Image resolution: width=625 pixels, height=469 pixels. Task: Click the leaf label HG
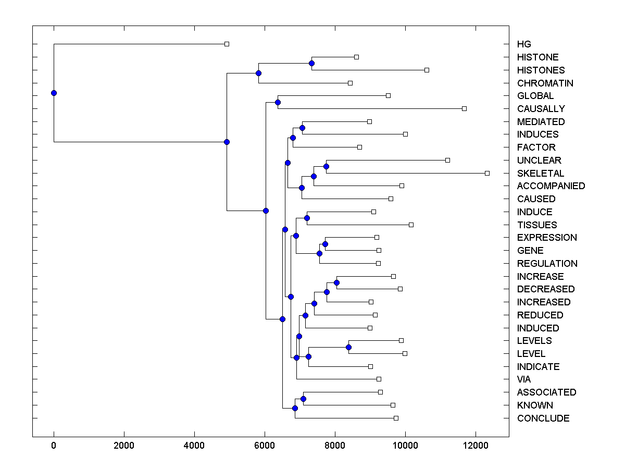coord(524,44)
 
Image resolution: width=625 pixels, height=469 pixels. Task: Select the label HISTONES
coord(541,70)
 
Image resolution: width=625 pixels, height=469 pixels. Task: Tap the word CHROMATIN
coord(545,83)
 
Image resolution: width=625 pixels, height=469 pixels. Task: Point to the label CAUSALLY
coord(541,109)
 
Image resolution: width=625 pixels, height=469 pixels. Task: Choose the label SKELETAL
coord(540,173)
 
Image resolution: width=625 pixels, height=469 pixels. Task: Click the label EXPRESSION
coord(547,238)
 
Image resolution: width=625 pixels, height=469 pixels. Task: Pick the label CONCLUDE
coord(543,418)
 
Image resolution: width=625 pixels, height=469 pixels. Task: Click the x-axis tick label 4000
coord(194,445)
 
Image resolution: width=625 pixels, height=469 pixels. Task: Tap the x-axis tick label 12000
coord(476,445)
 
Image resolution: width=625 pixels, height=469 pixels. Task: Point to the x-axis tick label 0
coord(54,445)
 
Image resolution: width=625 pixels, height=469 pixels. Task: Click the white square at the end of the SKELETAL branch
coord(487,173)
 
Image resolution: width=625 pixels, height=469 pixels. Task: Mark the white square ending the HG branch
coord(227,44)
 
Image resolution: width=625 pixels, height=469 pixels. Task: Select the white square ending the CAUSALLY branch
coord(464,108)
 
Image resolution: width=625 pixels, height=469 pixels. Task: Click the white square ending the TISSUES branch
coord(411,225)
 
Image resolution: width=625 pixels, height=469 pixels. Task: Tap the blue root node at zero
coord(54,93)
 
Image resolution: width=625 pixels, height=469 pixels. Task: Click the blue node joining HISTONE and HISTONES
coord(311,64)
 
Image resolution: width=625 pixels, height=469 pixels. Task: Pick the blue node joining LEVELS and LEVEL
coord(348,347)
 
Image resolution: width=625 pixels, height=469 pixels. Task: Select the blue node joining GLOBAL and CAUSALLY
coord(278,102)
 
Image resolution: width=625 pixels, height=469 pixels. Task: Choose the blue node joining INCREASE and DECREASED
coord(336,282)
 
